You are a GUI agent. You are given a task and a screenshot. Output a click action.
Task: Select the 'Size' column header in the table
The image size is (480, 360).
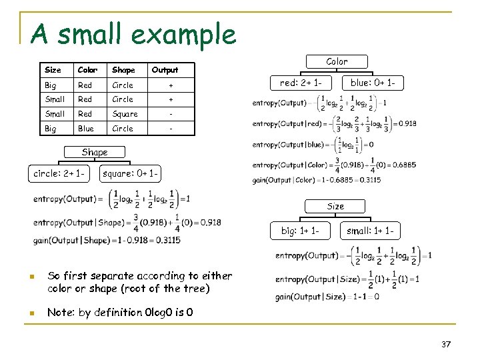53,70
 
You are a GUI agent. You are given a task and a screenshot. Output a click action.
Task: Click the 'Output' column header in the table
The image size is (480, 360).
165,70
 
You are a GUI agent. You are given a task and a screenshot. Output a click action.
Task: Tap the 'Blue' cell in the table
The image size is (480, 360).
86,129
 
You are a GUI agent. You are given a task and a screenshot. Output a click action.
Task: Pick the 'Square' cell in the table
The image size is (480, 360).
125,114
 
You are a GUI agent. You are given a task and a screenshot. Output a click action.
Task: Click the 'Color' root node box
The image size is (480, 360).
337,61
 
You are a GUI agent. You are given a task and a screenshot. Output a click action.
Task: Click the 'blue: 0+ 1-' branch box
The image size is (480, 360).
373,83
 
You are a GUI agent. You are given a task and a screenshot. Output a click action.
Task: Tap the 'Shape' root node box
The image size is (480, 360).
94,153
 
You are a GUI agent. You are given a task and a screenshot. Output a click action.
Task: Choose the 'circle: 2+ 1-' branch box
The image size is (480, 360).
59,175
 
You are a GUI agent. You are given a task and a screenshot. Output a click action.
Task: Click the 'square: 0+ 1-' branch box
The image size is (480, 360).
129,175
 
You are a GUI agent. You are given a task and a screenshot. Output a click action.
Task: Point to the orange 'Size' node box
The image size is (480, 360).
335,207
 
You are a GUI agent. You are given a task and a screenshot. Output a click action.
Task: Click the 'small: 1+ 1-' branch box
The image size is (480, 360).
371,231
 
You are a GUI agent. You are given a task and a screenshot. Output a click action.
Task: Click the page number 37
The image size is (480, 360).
446,344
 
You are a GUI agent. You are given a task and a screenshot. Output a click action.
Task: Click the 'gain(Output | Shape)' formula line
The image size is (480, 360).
107,239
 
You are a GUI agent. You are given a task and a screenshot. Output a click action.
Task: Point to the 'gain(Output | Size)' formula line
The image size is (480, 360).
327,297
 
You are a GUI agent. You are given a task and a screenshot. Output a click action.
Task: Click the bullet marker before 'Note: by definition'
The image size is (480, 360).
31,312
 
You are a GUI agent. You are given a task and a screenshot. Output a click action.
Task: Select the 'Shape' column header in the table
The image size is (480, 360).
123,70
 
